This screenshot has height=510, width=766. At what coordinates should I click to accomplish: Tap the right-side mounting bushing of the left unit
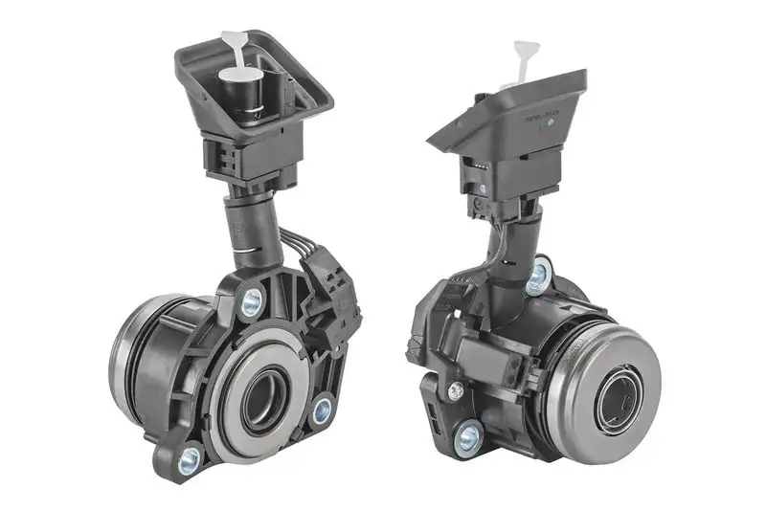tap(323, 410)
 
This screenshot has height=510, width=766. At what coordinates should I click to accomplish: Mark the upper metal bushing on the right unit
tap(539, 276)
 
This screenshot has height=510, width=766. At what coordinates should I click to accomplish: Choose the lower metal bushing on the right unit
tap(467, 437)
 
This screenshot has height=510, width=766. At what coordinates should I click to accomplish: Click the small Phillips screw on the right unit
tap(456, 389)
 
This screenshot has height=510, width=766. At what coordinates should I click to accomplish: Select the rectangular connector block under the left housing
tap(250, 158)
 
